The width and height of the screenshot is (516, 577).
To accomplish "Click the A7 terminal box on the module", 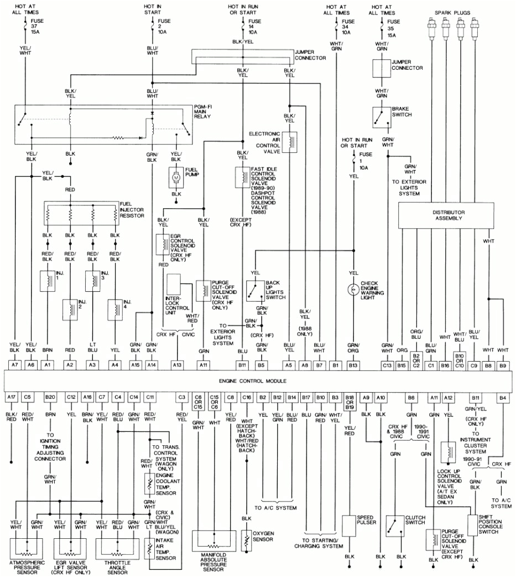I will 15,365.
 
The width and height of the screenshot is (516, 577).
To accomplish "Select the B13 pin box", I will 352,365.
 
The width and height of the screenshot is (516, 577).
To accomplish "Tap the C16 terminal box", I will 247,397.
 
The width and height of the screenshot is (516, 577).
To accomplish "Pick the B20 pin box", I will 50,397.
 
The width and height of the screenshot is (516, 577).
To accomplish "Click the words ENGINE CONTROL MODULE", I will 258,382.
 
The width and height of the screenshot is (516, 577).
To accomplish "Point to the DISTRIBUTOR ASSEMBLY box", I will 449,215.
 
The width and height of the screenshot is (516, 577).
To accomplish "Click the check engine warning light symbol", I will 352,289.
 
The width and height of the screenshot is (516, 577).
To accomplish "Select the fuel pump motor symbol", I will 176,177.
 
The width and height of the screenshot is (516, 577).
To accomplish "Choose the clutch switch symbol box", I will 395,526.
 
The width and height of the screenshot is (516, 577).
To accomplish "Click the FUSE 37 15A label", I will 37,27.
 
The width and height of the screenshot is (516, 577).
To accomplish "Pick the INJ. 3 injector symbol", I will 92,281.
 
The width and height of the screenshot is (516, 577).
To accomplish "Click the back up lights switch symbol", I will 256,290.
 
